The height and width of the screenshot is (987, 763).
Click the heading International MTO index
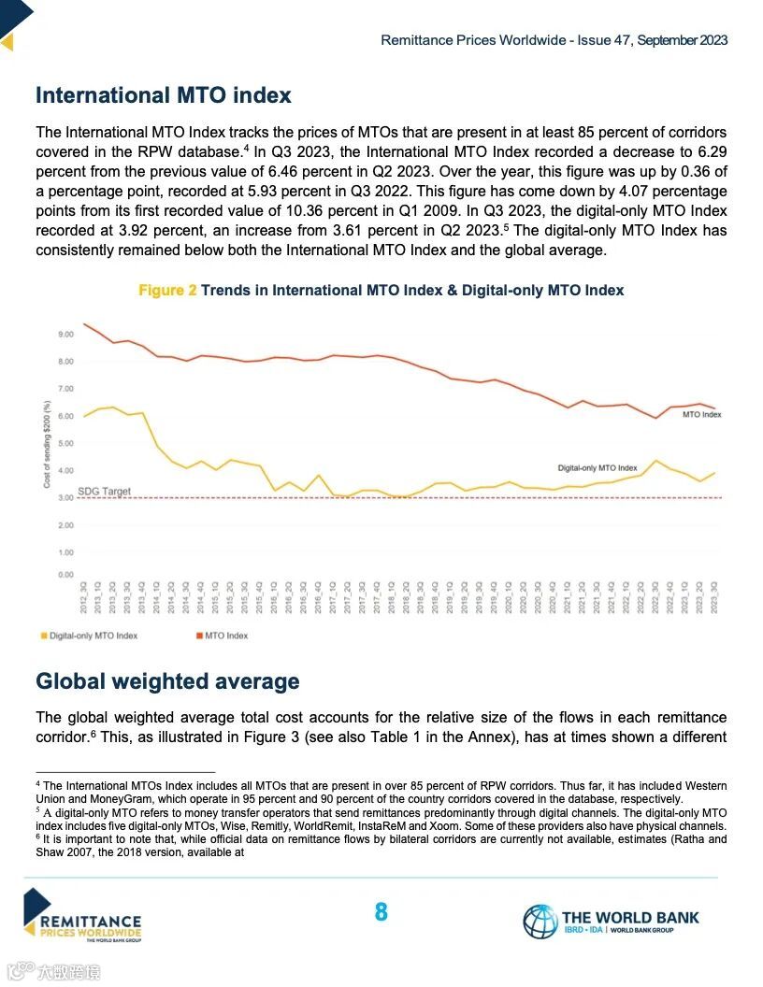click(163, 95)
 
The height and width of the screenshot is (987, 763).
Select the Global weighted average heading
click(167, 681)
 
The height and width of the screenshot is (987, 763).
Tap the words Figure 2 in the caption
click(167, 291)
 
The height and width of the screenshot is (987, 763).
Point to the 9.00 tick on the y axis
click(65, 334)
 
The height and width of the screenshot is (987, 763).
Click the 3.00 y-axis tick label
click(65, 498)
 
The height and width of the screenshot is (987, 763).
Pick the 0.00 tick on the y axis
click(65, 575)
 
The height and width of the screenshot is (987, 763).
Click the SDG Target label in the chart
click(104, 491)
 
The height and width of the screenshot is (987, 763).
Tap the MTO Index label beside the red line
click(701, 414)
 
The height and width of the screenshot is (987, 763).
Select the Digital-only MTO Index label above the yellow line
click(597, 467)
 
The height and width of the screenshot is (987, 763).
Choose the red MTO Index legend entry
click(225, 636)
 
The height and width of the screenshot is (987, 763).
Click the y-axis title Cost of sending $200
click(47, 443)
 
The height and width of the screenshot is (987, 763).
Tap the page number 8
click(381, 912)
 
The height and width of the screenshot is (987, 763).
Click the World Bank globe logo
click(540, 921)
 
